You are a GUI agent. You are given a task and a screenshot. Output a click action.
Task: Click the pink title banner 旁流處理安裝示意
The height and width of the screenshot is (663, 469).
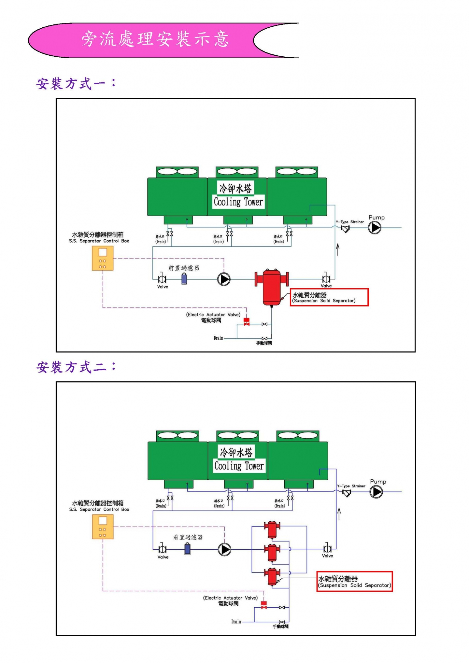[x=155, y=40]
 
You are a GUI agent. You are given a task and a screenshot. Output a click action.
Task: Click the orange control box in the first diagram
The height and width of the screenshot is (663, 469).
[x=103, y=258]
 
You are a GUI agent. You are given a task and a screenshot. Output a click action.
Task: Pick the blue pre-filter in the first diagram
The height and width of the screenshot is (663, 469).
[x=184, y=279]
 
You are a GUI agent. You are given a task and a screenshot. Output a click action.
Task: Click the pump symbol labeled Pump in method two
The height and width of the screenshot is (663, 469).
[x=376, y=492]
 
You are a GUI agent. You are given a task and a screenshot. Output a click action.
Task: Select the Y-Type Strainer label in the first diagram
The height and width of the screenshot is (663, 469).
[x=350, y=222]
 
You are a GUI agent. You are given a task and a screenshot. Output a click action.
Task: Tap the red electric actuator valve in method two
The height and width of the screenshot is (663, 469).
[x=264, y=605]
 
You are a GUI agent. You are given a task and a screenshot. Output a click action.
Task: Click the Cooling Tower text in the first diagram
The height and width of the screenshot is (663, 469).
[x=238, y=202]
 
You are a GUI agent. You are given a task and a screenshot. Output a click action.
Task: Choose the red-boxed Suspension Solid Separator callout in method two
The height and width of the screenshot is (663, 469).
[x=354, y=582]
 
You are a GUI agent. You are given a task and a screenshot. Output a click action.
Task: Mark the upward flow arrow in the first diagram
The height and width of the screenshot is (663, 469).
[x=338, y=249]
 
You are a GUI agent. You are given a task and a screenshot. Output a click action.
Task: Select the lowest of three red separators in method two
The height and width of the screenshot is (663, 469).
[x=272, y=577]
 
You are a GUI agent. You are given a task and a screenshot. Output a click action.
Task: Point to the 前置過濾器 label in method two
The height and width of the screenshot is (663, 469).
[x=188, y=537]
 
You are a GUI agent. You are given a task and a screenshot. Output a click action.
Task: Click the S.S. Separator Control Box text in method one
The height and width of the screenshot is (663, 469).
[x=99, y=241]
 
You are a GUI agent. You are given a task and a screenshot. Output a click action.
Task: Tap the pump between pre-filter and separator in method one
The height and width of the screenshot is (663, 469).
[x=224, y=279]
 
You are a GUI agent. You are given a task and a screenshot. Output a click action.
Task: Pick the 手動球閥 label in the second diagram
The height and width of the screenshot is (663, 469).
[x=280, y=626]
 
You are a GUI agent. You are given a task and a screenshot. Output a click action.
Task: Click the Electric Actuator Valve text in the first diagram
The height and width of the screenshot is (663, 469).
[x=213, y=315]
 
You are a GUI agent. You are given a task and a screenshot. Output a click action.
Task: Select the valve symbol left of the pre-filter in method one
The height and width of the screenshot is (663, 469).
[x=162, y=279]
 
